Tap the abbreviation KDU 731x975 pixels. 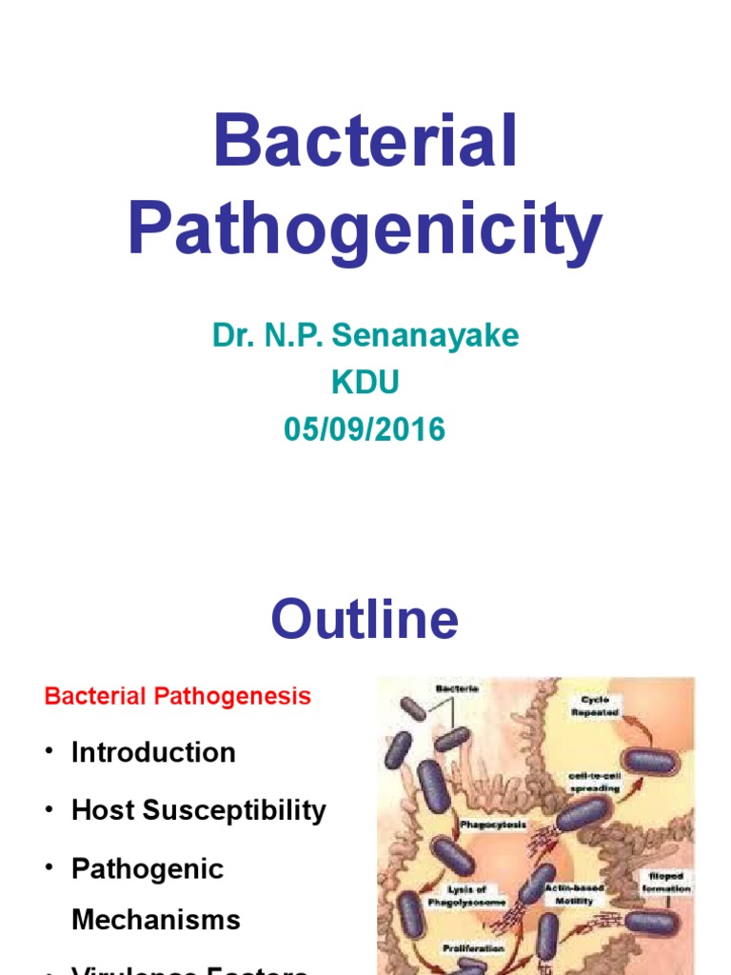pos(365,383)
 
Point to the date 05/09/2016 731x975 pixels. pos(365,429)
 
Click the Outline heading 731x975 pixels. pos(365,620)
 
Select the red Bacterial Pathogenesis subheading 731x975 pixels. pos(178,696)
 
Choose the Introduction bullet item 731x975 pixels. pos(153,752)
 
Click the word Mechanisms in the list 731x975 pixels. pos(156,920)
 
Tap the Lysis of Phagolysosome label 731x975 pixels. pos(482,894)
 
